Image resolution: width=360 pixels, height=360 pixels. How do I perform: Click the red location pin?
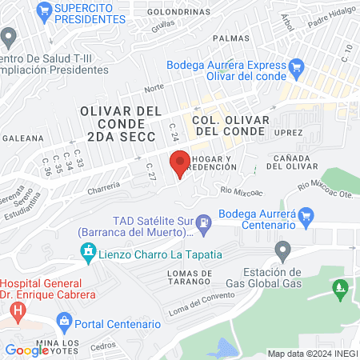(180, 164)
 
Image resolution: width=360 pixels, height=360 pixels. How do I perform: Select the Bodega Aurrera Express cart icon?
(298, 66)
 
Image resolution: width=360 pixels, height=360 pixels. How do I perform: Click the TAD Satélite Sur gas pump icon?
(206, 220)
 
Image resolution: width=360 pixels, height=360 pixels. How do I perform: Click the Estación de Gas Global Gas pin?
(281, 252)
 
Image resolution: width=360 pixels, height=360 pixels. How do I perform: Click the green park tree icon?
(341, 286)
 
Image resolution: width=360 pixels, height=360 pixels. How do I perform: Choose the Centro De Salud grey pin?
(9, 37)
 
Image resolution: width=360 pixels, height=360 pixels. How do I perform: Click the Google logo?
(26, 350)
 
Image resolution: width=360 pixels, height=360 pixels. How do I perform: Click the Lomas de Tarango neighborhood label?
(178, 278)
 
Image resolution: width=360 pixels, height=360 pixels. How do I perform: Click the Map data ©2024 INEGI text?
(311, 354)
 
